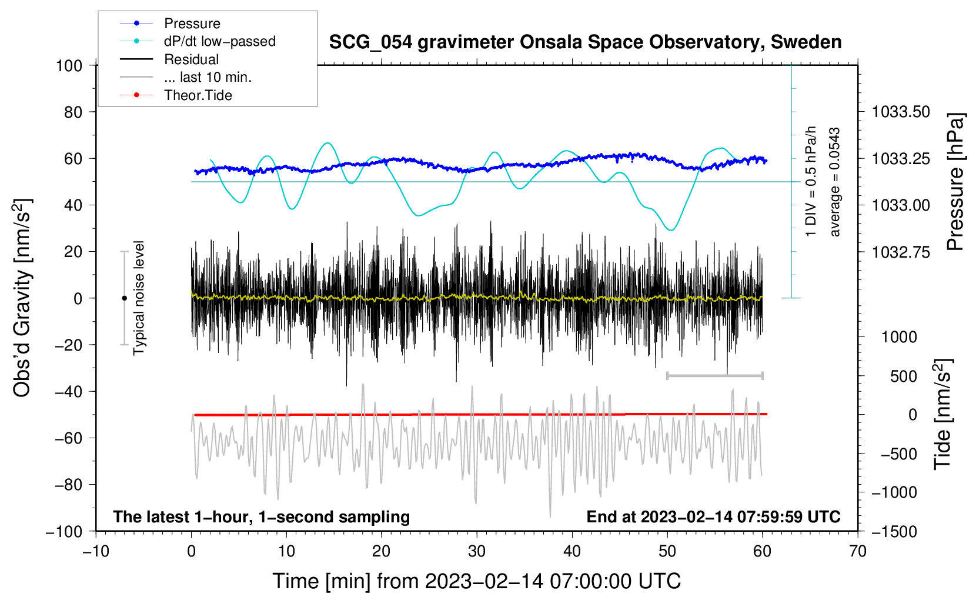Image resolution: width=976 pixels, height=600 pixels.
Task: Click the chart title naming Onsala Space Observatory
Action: [x=585, y=42]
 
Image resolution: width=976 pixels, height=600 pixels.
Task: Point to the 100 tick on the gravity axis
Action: [x=69, y=66]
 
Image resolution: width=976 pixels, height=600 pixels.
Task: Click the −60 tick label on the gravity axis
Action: [x=68, y=438]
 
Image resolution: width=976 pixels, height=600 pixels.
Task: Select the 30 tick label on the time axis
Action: [x=477, y=552]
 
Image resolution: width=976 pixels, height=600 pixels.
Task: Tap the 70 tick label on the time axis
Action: [x=857, y=552]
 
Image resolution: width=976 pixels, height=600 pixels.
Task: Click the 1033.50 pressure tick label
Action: [x=901, y=112]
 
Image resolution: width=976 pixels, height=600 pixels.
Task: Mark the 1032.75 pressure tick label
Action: [x=901, y=252]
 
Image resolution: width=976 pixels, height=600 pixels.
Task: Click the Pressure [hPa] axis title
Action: [x=955, y=182]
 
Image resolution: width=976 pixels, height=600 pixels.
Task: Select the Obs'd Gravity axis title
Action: [x=23, y=298]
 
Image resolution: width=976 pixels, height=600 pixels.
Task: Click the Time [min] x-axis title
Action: [x=477, y=581]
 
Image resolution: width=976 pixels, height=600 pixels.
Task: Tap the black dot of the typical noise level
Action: [x=124, y=298]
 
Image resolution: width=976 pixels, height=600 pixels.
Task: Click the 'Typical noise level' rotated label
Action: [x=139, y=298]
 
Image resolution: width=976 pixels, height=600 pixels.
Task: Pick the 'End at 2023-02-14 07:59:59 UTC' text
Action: [x=713, y=516]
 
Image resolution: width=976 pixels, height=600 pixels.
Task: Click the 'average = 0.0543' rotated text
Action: [x=834, y=182]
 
